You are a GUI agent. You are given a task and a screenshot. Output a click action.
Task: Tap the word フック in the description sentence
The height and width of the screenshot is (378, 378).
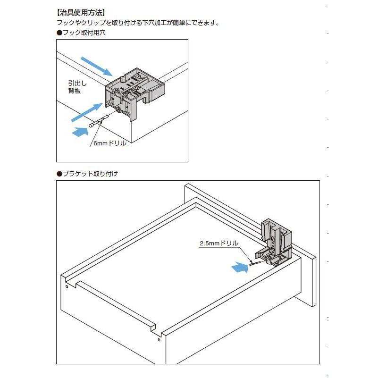(64, 23)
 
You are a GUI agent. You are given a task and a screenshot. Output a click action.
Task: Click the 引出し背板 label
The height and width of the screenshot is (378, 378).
(75, 87)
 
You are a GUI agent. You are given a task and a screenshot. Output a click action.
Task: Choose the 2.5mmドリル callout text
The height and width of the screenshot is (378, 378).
(218, 244)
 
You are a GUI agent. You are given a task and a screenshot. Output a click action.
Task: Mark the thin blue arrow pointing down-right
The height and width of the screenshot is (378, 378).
(97, 66)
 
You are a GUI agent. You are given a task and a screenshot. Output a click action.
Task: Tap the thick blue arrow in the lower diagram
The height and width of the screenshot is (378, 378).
(240, 268)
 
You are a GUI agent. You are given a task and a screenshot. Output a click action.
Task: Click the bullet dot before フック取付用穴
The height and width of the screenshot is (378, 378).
(59, 33)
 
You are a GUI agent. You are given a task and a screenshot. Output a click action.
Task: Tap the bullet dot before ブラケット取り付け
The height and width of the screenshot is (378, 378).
(59, 174)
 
